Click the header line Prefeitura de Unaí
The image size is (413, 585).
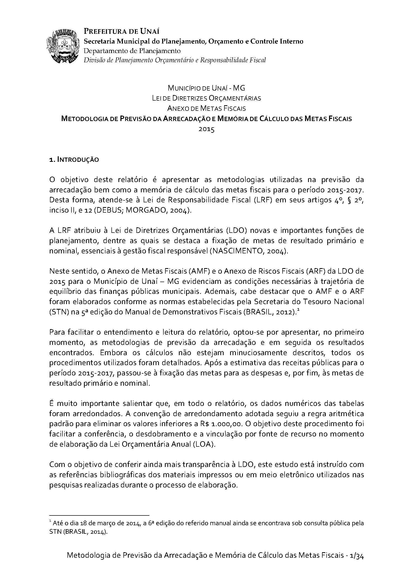coord(122,31)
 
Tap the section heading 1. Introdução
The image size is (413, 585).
coord(74,160)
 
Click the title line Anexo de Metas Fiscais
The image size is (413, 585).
coord(206,108)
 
